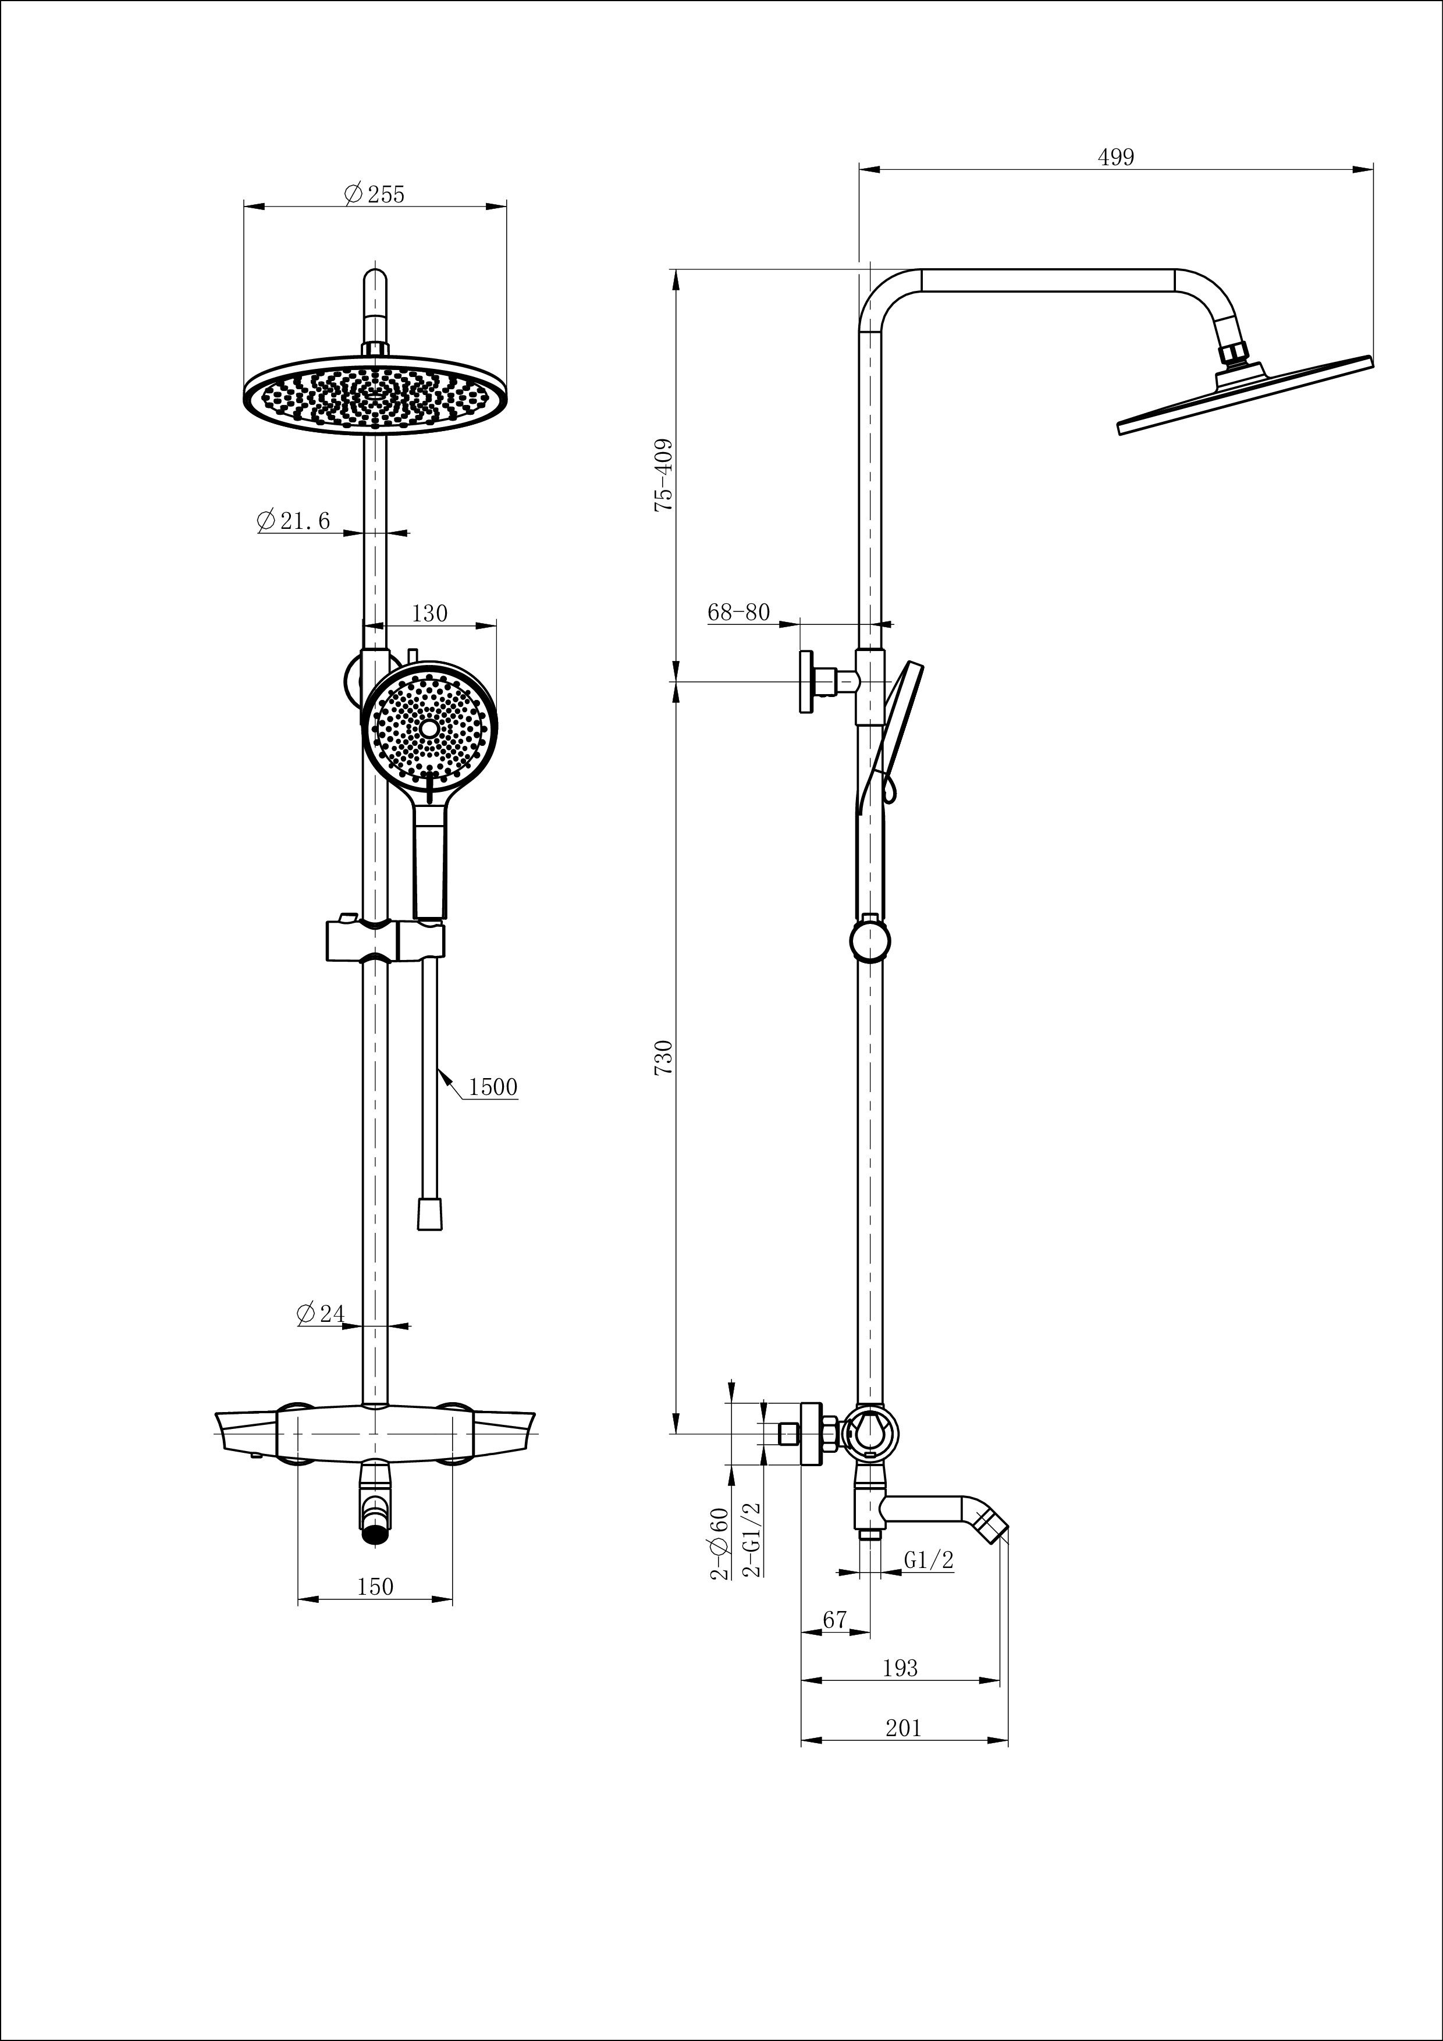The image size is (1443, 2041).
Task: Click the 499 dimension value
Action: coord(1116,157)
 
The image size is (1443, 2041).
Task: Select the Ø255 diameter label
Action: coord(374,194)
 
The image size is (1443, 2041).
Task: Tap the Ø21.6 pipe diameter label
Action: coord(293,520)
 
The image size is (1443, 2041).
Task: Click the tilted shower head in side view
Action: coord(1245,396)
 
